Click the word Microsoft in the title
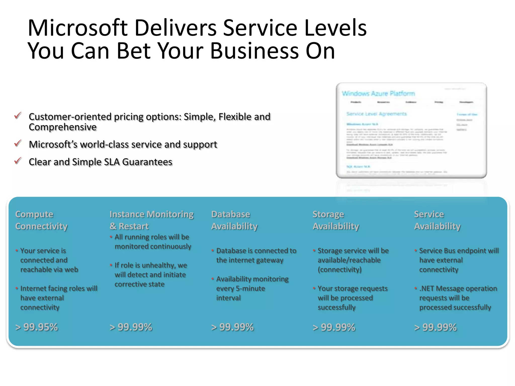78,28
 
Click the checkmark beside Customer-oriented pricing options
18,116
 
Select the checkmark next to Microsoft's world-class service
18,143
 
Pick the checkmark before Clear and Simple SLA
18,161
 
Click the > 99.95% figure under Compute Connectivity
37,327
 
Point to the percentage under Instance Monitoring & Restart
131,327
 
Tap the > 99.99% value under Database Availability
233,327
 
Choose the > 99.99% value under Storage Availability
334,327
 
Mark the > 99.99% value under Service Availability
436,327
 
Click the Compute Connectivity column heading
41,220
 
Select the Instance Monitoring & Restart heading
151,220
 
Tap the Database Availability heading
234,220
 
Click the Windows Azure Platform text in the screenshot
378,93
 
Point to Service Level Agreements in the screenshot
376,114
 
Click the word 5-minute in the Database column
250,288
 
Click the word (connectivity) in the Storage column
339,270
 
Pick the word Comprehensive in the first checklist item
63,127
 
